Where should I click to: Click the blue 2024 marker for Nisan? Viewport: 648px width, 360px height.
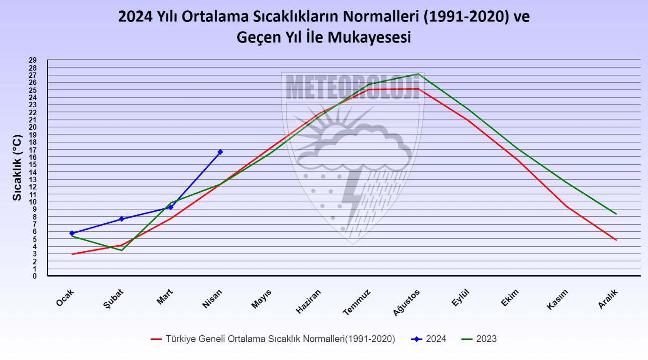point(220,152)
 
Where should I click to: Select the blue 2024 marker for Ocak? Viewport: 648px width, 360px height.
point(72,233)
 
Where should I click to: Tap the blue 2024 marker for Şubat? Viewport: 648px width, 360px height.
point(122,219)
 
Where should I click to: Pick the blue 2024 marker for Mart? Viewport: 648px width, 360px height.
point(171,207)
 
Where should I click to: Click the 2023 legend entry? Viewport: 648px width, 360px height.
point(479,339)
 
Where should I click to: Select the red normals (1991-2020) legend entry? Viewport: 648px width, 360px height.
point(273,339)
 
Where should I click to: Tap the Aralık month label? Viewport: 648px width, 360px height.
point(609,299)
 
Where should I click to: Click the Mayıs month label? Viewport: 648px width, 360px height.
point(262,299)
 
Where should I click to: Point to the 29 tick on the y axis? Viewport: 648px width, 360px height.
point(33,60)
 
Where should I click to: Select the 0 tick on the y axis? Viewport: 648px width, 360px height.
point(35,276)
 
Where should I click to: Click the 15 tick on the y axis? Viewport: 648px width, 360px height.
point(33,164)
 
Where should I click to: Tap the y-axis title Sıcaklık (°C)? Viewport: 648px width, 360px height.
point(17,169)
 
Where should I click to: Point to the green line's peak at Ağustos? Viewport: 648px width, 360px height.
point(418,73)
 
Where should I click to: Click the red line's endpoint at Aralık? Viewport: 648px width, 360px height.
point(616,240)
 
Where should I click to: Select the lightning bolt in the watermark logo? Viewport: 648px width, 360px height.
point(352,201)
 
